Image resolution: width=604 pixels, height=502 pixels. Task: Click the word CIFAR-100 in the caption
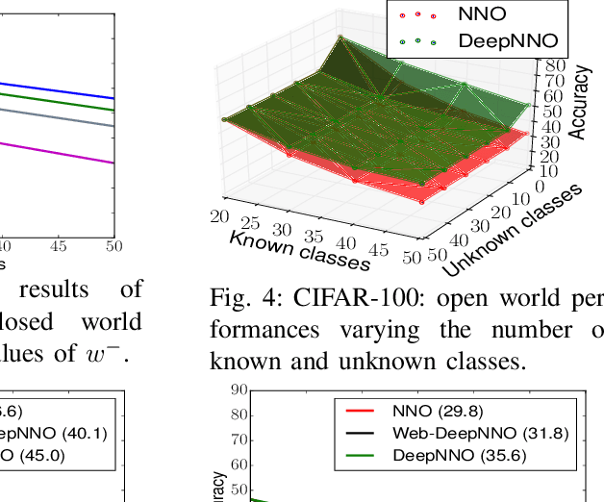335,300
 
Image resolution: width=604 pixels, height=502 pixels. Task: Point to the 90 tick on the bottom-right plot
238,389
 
